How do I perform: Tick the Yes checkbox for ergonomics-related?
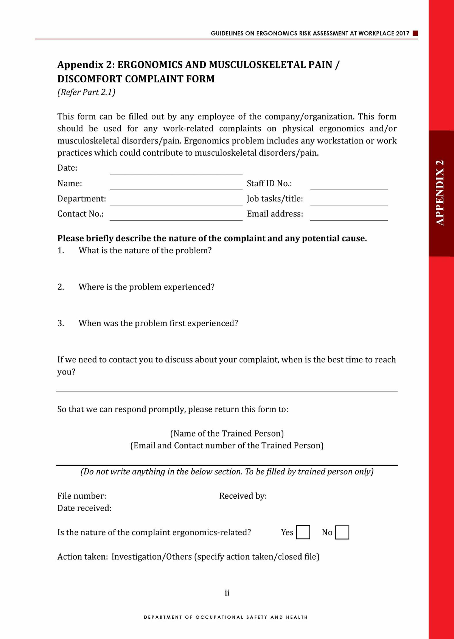click(x=303, y=532)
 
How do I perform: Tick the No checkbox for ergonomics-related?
click(x=342, y=532)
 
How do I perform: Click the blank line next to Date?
click(x=176, y=170)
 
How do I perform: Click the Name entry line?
click(x=176, y=186)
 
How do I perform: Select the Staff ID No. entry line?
click(x=349, y=186)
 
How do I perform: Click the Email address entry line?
click(x=349, y=216)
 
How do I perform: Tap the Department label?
click(x=81, y=199)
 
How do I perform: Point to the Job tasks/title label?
click(x=275, y=199)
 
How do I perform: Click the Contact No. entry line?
click(x=176, y=216)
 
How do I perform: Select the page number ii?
click(x=227, y=593)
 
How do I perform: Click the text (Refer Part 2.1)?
click(x=86, y=92)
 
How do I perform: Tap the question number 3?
click(x=61, y=323)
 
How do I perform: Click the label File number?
click(x=82, y=496)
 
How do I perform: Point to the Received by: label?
click(x=243, y=496)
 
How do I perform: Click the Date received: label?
click(x=84, y=508)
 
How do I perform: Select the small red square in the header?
click(x=415, y=33)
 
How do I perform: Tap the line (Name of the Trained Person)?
click(x=227, y=433)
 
